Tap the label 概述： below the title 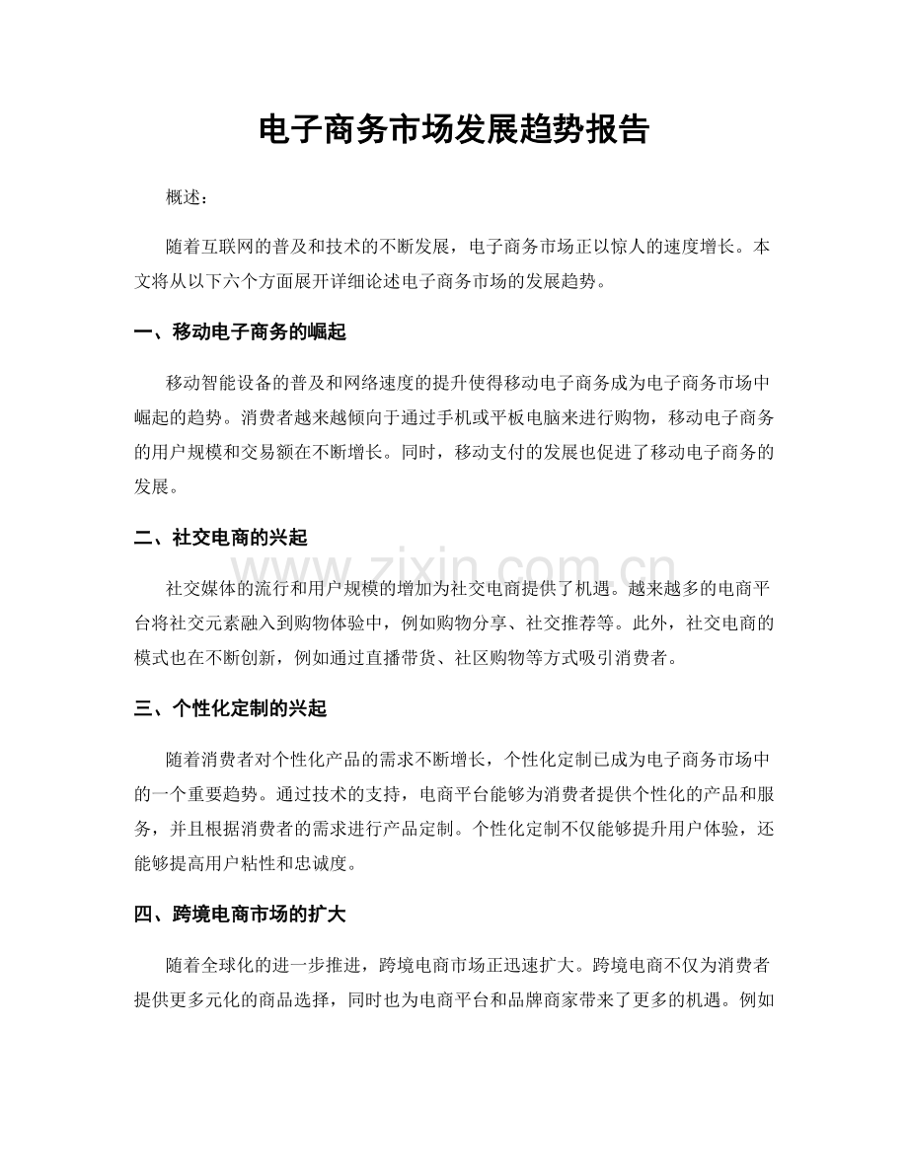pyautogui.click(x=188, y=198)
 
